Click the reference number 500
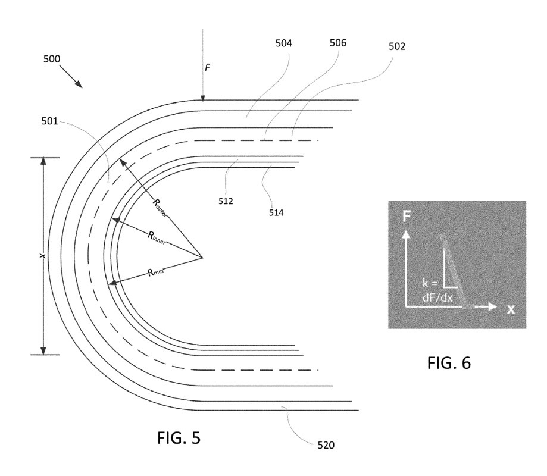point(52,58)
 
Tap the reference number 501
point(49,121)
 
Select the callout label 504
point(283,43)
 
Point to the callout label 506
point(338,43)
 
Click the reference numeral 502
point(397,46)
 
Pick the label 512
point(226,201)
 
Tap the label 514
point(276,213)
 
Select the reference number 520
point(326,445)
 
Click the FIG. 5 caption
point(179,438)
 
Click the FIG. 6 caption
point(449,363)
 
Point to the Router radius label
point(160,208)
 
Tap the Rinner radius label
point(156,238)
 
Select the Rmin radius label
point(155,272)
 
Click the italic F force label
point(207,67)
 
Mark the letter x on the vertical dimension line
point(43,256)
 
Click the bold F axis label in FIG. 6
point(407,217)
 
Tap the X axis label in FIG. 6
point(511,309)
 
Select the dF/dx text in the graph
point(437,298)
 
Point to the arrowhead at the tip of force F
point(203,98)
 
